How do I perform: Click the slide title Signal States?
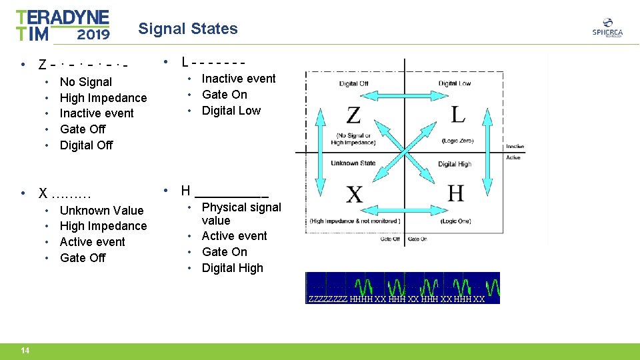coord(187,29)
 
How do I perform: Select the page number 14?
coord(25,351)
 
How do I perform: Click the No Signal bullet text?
coord(85,82)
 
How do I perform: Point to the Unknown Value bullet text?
coord(101,210)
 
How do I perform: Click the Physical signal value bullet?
coord(241,213)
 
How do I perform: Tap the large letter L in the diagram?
coord(458,114)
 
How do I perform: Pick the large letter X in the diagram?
coord(355,195)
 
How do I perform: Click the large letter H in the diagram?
coord(456,193)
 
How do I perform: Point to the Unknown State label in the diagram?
coord(353,163)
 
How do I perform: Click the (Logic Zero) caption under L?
coord(457,141)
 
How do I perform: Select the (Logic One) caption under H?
coord(455,221)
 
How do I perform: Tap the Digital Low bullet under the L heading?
coord(231,111)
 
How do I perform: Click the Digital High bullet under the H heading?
coord(232,268)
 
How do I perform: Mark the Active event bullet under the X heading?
coord(92,242)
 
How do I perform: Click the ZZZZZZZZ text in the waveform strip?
coord(328,299)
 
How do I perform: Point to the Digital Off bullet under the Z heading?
coord(86,145)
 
